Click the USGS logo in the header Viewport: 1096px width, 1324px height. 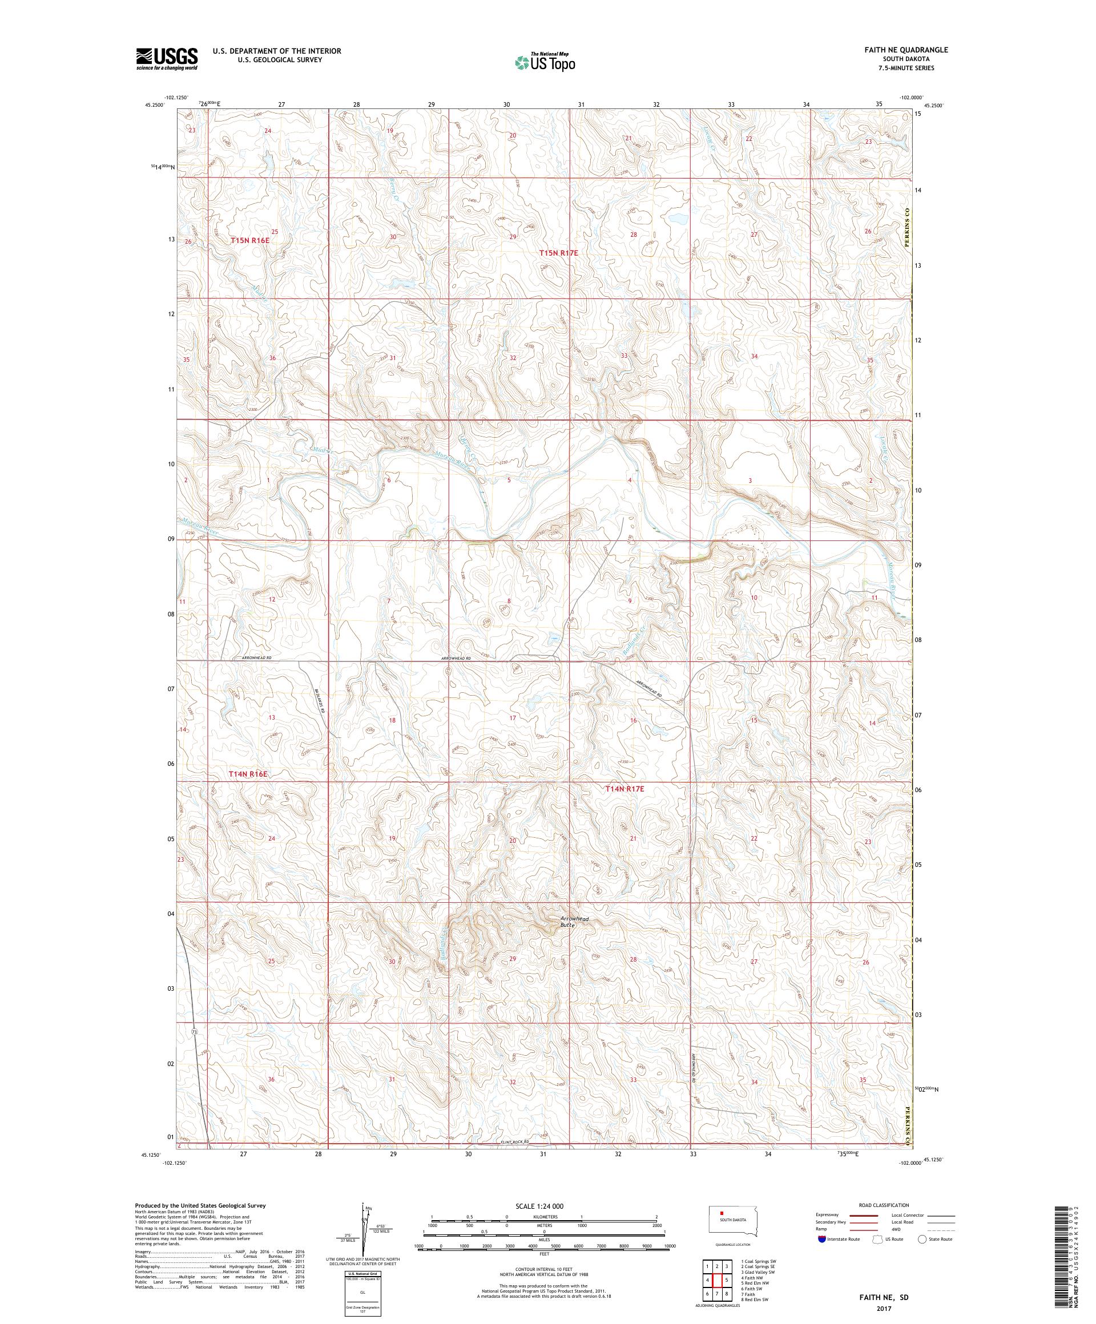coord(167,59)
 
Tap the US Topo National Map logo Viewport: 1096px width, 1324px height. coord(546,62)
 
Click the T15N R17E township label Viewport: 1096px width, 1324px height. coord(558,253)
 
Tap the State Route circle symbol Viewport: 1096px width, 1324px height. coord(922,1256)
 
